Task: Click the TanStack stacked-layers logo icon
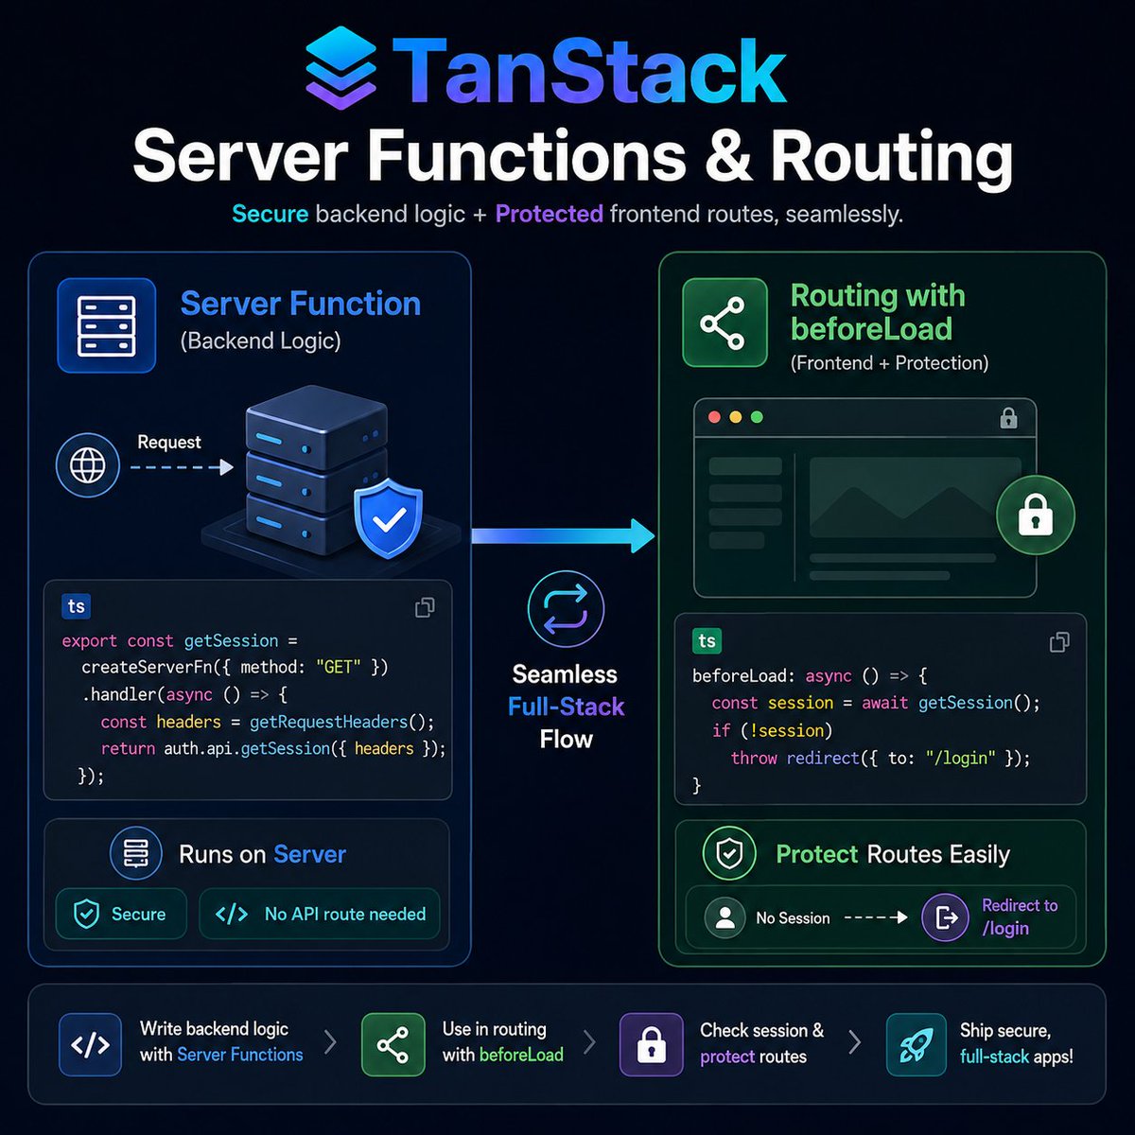(340, 68)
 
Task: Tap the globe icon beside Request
(88, 465)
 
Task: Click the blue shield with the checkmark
(388, 518)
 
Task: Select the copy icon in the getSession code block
(425, 607)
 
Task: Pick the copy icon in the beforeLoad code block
(1059, 642)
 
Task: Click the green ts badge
(707, 641)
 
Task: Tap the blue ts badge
(76, 606)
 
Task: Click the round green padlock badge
(1036, 515)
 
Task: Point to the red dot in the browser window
(714, 417)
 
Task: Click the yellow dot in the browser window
(736, 417)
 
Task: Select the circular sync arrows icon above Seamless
(566, 609)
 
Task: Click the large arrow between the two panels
(563, 535)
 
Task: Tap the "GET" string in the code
(338, 668)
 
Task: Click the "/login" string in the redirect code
(960, 758)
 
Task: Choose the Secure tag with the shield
(121, 914)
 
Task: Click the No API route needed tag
(320, 914)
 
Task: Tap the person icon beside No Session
(725, 917)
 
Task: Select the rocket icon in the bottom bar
(916, 1044)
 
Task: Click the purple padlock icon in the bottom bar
(652, 1044)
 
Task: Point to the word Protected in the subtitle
(549, 214)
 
